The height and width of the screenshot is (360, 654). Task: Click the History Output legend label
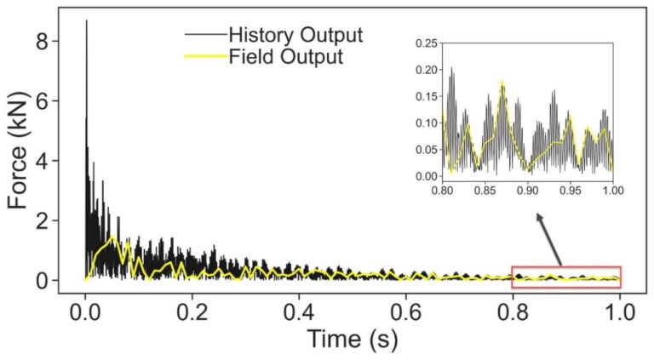[x=295, y=36]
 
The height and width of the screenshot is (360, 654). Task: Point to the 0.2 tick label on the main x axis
[x=192, y=309]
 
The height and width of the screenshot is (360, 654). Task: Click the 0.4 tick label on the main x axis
[x=299, y=309]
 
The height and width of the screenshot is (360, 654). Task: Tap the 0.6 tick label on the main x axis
[x=406, y=309]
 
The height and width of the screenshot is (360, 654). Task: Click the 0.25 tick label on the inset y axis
[x=427, y=43]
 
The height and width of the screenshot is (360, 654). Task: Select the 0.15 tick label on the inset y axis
[x=427, y=96]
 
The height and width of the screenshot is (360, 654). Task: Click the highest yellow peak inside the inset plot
[x=502, y=82]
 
